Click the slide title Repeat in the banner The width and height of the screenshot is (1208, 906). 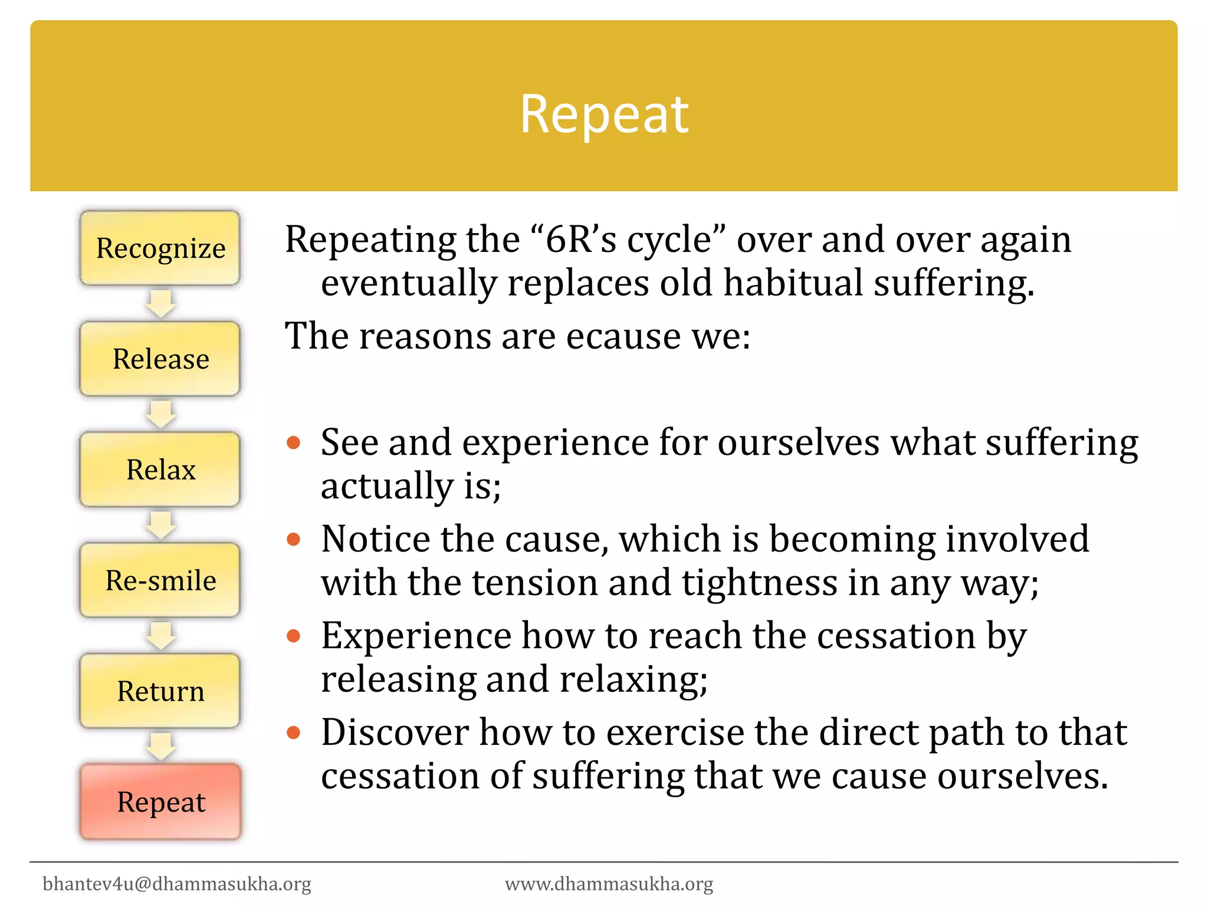pyautogui.click(x=603, y=114)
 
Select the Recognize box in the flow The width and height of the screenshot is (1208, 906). pyautogui.click(x=160, y=248)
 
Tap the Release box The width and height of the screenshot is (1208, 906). pyautogui.click(x=160, y=359)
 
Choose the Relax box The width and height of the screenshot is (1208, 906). pyautogui.click(x=160, y=470)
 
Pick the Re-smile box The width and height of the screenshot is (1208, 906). pyautogui.click(x=160, y=580)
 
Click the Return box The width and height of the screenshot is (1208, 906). pyautogui.click(x=160, y=691)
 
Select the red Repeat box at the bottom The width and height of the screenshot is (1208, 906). pyautogui.click(x=160, y=802)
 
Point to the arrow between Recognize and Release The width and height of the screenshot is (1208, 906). pyautogui.click(x=160, y=303)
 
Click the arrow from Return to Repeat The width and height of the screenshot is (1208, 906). pyautogui.click(x=160, y=746)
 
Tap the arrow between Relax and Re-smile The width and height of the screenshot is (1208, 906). pyautogui.click(x=160, y=525)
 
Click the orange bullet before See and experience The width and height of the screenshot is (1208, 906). pyautogui.click(x=293, y=442)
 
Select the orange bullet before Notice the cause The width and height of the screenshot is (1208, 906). pyautogui.click(x=293, y=539)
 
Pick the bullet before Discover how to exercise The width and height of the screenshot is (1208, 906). pyautogui.click(x=293, y=733)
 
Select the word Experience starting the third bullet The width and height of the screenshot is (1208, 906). pyautogui.click(x=416, y=636)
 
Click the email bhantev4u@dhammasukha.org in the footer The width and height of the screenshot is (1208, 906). pyautogui.click(x=177, y=884)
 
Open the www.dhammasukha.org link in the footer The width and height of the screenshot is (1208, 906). pyautogui.click(x=609, y=884)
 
